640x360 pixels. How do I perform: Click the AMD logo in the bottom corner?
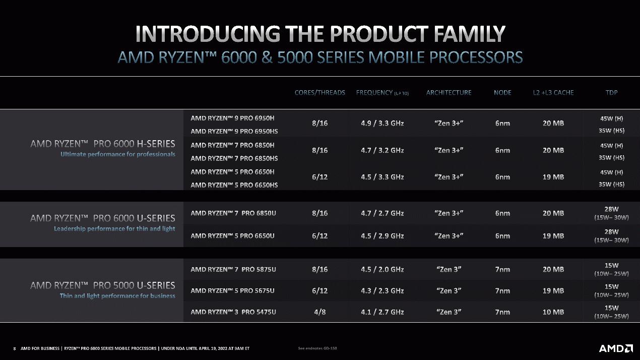(616, 348)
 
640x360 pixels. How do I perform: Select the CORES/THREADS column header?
(319, 93)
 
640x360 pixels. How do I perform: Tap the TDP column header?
(611, 93)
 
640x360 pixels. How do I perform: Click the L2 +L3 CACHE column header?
(553, 93)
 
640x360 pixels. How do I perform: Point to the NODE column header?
(502, 93)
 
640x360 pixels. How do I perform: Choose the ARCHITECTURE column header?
(449, 93)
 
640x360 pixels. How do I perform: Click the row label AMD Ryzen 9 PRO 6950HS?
(234, 132)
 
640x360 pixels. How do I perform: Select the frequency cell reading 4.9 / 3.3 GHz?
(382, 123)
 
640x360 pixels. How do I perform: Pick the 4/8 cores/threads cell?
(319, 312)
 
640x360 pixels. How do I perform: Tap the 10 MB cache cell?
(553, 312)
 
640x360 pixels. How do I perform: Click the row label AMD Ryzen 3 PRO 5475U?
(233, 312)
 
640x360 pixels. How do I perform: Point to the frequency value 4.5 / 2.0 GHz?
(382, 269)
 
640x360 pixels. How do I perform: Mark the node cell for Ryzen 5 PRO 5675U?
(502, 291)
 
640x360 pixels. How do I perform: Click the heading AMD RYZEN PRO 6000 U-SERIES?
(103, 218)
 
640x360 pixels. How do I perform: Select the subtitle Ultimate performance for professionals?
(118, 154)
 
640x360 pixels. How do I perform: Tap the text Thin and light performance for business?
(117, 296)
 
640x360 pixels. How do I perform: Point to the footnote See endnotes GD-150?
(317, 348)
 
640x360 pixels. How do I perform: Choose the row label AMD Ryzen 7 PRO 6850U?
(233, 213)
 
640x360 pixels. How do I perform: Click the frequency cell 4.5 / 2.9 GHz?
(382, 236)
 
